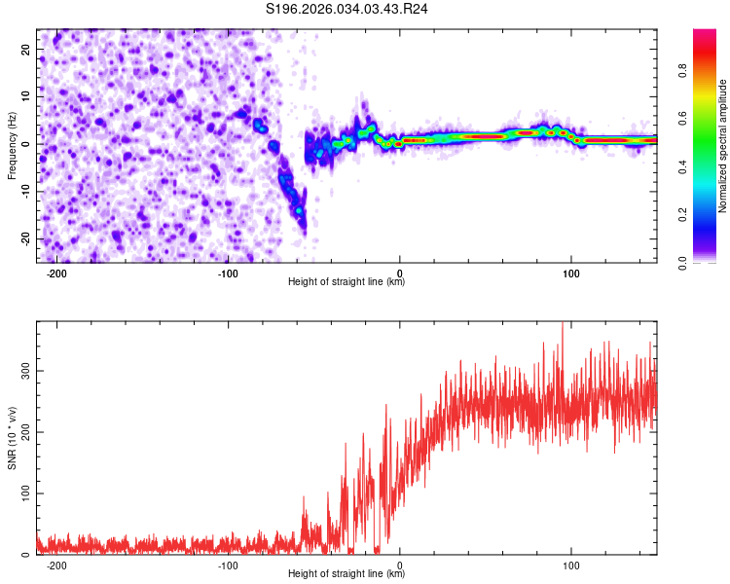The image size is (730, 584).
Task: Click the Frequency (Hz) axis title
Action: click(x=13, y=144)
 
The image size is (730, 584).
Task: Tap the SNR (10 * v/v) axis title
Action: click(x=13, y=438)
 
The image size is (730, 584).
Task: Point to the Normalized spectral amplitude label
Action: click(x=723, y=146)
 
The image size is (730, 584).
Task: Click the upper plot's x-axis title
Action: click(x=347, y=282)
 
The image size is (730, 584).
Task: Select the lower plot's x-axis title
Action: click(x=347, y=574)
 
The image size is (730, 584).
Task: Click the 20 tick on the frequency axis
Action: click(x=25, y=48)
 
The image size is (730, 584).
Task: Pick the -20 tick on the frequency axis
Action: click(x=23, y=238)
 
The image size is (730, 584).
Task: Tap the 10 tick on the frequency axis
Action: click(x=25, y=95)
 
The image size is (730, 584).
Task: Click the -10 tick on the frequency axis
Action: click(x=23, y=191)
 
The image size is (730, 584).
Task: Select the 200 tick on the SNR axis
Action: click(x=21, y=432)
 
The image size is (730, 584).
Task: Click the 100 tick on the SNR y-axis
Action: click(x=21, y=493)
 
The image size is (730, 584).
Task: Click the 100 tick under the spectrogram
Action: click(x=571, y=273)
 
